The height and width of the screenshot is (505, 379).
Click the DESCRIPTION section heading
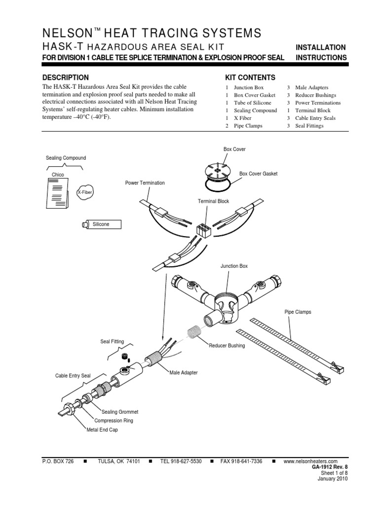click(x=66, y=77)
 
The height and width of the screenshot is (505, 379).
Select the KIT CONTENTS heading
click(x=250, y=77)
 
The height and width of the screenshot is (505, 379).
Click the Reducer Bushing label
click(x=227, y=346)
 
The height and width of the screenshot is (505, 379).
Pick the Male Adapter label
click(x=184, y=373)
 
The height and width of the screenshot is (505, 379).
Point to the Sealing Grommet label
click(x=120, y=412)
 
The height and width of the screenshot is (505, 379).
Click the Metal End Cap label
click(x=103, y=430)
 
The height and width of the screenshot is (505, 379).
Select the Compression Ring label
click(x=114, y=421)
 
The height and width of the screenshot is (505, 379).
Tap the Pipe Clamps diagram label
click(x=298, y=312)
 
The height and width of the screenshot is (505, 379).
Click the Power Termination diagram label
click(x=145, y=183)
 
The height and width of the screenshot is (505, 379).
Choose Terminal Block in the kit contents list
click(x=313, y=110)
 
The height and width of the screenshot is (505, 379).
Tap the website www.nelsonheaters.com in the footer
click(x=311, y=461)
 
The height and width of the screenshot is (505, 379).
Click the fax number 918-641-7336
click(x=241, y=461)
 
